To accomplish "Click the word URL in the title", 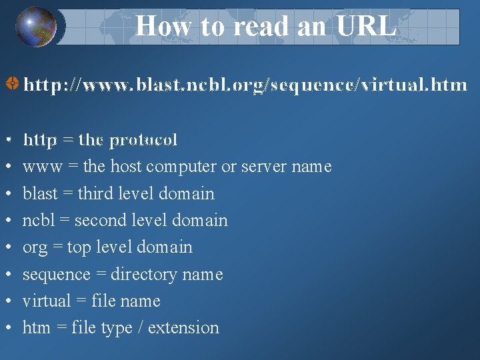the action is tap(366, 27).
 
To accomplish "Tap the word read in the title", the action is tap(258, 27).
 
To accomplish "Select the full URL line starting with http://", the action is tap(245, 85).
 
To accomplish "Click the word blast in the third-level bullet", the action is tap(40, 193).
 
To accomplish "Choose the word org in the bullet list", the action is tap(35, 247).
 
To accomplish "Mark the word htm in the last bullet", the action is tap(36, 328).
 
